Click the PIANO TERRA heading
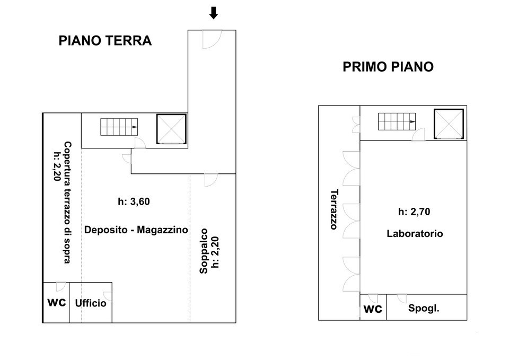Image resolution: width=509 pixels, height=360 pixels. click(x=105, y=41)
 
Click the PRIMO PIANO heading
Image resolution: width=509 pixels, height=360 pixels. click(x=388, y=67)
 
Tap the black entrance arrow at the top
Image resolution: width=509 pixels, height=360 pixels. click(x=213, y=13)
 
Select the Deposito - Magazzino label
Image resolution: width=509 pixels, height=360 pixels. click(x=136, y=230)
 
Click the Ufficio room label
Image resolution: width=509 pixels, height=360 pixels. click(x=91, y=303)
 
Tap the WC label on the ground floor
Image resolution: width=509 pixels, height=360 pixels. click(x=56, y=303)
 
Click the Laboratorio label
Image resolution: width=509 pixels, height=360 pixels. click(x=415, y=233)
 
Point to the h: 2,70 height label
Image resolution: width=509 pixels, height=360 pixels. click(x=414, y=212)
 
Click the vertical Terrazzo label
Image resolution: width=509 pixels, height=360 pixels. click(x=334, y=209)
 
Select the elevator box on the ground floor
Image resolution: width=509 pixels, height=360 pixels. click(x=171, y=129)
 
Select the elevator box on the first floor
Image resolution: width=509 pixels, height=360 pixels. click(x=449, y=124)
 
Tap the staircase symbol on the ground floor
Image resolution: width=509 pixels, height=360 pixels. click(x=120, y=127)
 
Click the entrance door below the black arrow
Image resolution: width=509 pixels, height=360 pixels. click(x=210, y=39)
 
